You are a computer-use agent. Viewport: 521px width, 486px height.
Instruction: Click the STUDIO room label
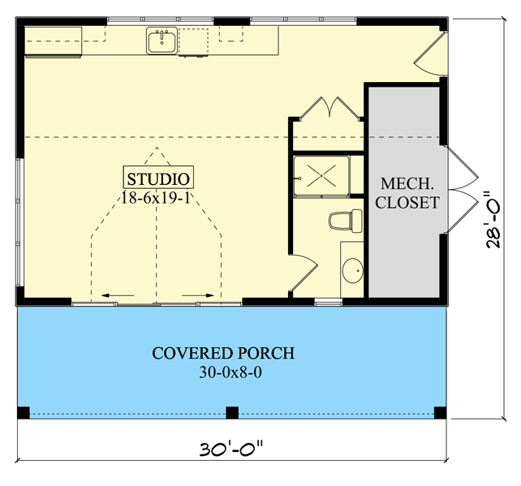[159, 178]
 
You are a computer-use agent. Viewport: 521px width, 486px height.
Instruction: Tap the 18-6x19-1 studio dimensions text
[159, 196]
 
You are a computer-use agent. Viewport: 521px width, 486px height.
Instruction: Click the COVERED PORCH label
[223, 353]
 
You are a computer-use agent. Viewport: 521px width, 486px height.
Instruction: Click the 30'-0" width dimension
[230, 448]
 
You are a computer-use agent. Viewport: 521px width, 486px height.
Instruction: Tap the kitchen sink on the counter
[161, 41]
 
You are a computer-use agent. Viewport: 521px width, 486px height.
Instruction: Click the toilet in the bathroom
[346, 220]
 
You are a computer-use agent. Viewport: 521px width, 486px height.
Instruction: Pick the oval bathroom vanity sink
[352, 270]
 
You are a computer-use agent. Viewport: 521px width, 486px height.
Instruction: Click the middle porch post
[231, 412]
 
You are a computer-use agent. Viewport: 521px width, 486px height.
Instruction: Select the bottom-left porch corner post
[23, 412]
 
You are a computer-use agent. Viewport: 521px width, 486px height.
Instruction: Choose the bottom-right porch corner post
[441, 412]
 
